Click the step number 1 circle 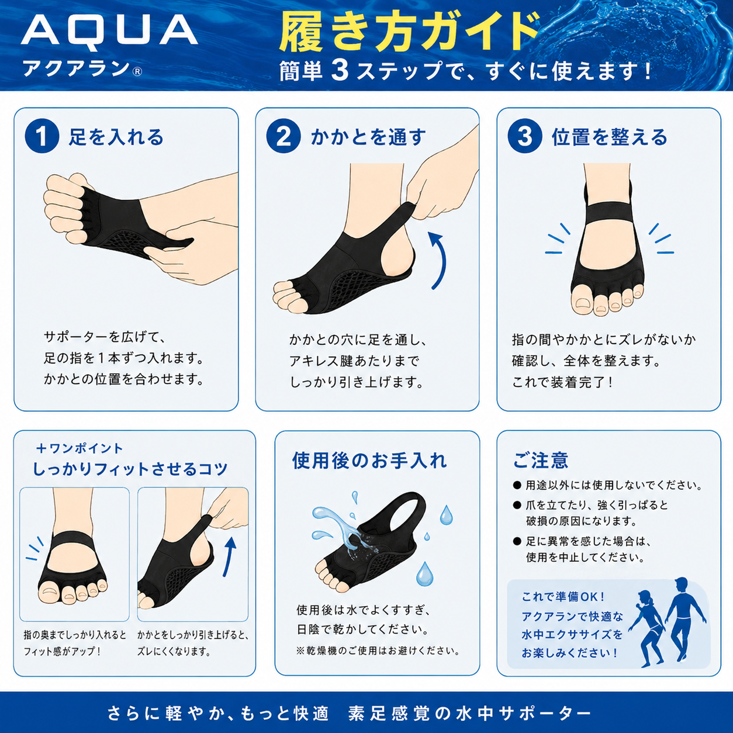click(42, 136)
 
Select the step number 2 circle click(283, 136)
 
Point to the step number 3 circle click(525, 136)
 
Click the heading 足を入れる click(116, 137)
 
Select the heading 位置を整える click(610, 137)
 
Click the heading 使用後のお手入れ click(369, 461)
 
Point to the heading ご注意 click(540, 460)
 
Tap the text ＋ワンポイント click(79, 448)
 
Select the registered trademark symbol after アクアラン click(137, 71)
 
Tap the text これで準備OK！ click(563, 597)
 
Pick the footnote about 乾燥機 click(378, 651)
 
